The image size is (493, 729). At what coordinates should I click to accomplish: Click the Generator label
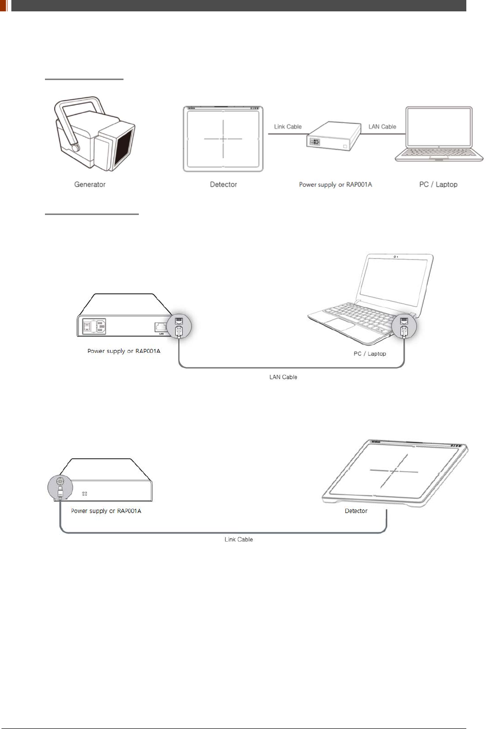point(89,184)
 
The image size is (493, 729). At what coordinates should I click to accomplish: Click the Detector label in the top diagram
point(223,184)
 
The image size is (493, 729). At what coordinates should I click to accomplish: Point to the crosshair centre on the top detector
point(223,139)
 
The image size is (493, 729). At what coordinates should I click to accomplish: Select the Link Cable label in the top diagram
point(288,127)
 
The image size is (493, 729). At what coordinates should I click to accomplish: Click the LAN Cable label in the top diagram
point(382,127)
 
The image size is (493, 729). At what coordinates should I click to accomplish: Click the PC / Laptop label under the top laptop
point(438,184)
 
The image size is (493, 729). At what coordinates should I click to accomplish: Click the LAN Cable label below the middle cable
point(283,377)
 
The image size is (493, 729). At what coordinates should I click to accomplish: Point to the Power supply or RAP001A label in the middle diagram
point(123,351)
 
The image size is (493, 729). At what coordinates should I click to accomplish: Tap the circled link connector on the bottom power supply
point(60,486)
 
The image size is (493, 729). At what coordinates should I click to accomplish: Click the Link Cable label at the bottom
point(239,539)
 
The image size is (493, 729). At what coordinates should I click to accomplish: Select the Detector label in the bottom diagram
point(356,511)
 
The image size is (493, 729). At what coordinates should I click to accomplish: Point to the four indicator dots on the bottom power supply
point(84,493)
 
